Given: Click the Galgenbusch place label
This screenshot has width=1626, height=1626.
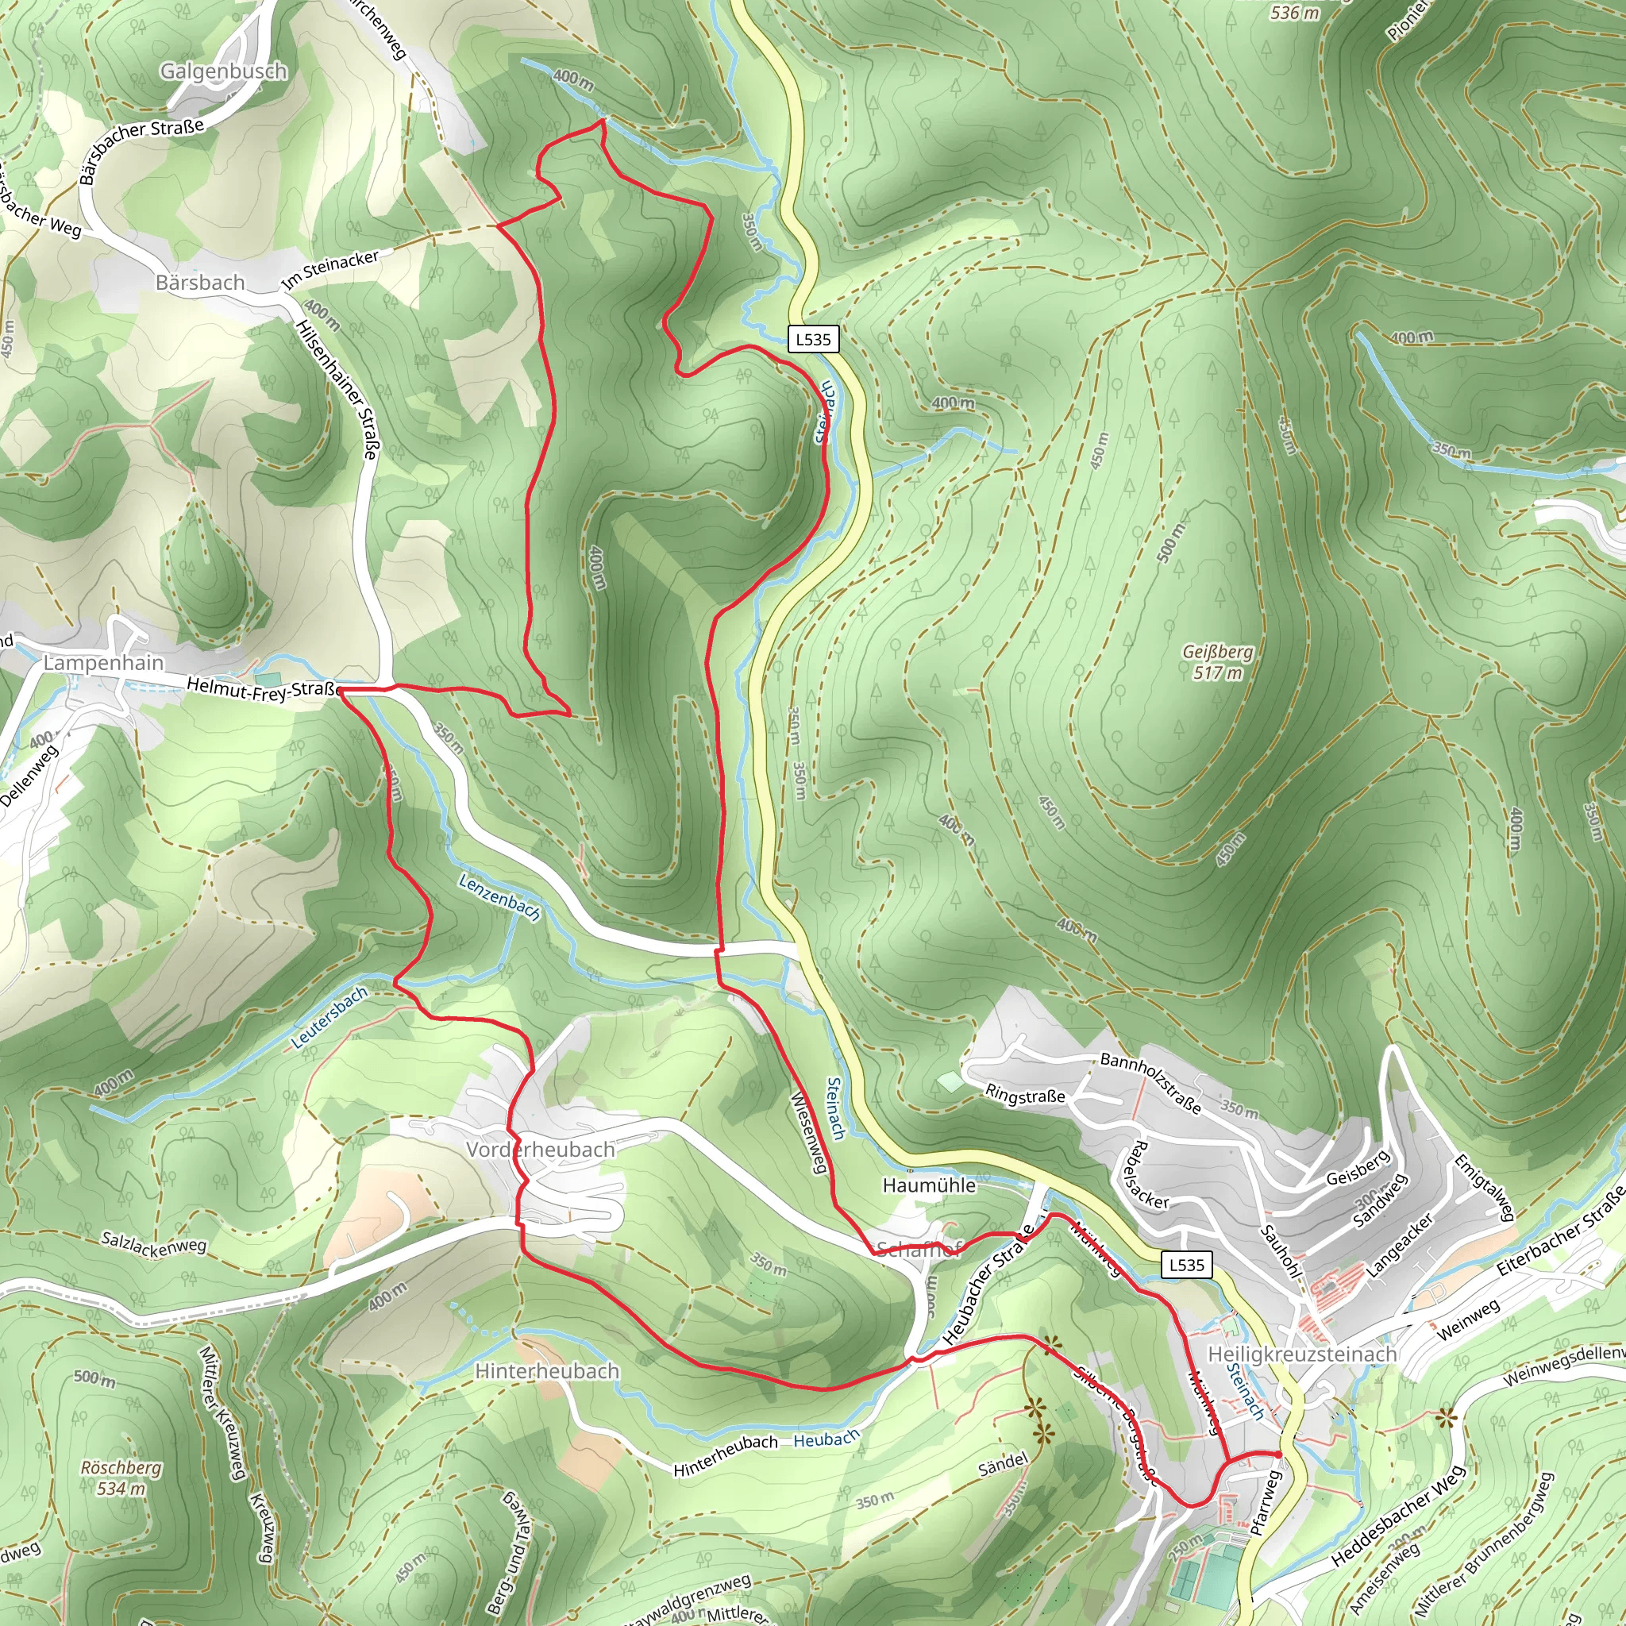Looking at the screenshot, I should click(224, 71).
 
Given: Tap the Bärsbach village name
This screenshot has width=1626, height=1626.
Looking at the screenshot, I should click(200, 283).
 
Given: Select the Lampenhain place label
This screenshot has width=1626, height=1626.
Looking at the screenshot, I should click(103, 663).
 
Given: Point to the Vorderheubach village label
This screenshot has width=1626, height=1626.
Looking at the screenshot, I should click(541, 1150).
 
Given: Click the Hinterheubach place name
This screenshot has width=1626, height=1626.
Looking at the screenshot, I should click(547, 1372).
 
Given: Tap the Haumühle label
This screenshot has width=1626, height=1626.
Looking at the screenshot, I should click(929, 1186).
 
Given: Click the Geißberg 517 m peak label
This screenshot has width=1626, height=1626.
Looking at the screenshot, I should click(1217, 662).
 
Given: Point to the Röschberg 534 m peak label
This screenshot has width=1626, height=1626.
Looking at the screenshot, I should click(121, 1478).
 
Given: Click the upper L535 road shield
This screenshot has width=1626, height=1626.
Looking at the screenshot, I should click(813, 339).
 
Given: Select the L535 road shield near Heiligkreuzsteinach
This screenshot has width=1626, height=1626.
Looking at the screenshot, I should click(1187, 1264).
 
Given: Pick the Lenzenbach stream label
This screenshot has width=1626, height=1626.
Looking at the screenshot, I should click(499, 896).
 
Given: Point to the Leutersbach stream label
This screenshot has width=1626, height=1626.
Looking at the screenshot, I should click(330, 1018).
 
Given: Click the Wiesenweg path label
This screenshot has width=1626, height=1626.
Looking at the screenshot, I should click(809, 1132).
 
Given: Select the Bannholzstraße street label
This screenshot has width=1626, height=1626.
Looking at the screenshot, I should click(1150, 1082).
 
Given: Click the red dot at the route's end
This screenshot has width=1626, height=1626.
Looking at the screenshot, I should click(1277, 1455).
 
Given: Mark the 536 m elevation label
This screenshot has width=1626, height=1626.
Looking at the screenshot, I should click(1294, 13).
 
